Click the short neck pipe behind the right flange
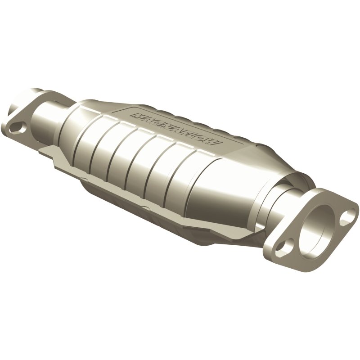tap(292, 198)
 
